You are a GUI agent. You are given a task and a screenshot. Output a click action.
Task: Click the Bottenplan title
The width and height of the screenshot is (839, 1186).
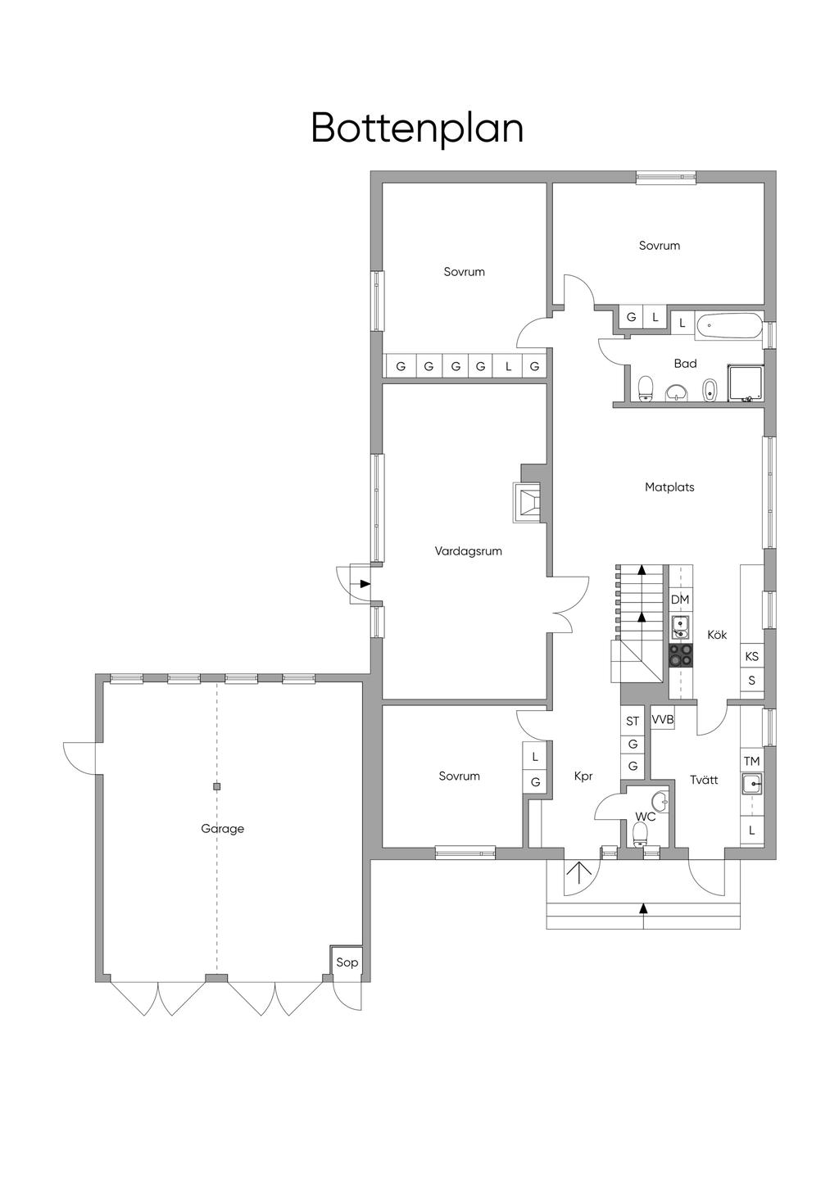tap(417, 128)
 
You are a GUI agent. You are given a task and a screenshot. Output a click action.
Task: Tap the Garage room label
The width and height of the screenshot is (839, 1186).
tap(223, 829)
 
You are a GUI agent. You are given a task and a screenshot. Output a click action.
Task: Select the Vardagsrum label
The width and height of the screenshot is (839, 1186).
tap(468, 551)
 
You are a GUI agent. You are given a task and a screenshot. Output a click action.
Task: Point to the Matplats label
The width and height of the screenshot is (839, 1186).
tap(669, 487)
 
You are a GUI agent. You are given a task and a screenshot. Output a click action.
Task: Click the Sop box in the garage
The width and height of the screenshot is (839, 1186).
tap(347, 962)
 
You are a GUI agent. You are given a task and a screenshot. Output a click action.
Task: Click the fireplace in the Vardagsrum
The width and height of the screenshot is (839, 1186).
tap(527, 502)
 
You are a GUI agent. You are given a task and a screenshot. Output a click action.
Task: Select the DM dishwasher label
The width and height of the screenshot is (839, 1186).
tap(680, 600)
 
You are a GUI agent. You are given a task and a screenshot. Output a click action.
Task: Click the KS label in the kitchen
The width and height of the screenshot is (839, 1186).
tap(751, 657)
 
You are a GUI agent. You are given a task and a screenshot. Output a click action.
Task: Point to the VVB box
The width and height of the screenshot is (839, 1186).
tap(663, 719)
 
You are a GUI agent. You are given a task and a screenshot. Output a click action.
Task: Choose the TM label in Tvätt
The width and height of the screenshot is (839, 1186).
tap(751, 762)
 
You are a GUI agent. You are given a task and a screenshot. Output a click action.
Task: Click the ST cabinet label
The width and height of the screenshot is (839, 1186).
tap(633, 721)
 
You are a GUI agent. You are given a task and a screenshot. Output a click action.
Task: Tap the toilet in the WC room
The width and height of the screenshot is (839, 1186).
tap(641, 834)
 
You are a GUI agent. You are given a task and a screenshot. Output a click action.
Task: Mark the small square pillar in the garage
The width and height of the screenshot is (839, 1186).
tap(216, 786)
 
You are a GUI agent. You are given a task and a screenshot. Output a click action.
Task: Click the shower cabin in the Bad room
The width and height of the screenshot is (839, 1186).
tap(745, 383)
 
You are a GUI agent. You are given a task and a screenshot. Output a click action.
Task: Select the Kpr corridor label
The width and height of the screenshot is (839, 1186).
tap(583, 776)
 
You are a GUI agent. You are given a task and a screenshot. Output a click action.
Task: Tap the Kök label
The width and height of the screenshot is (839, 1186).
tap(717, 634)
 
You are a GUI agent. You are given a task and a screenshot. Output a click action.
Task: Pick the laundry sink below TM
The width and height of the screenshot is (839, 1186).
tap(751, 783)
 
